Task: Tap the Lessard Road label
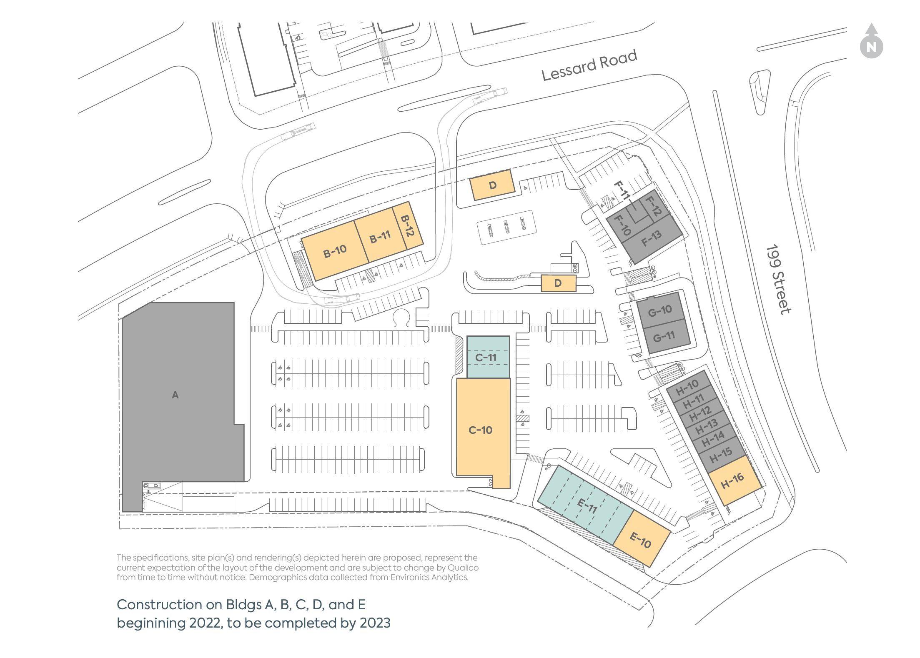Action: (x=589, y=65)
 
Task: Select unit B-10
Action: (x=335, y=251)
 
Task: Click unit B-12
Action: (x=407, y=225)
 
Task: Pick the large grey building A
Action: (x=175, y=395)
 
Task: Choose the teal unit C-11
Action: (x=486, y=357)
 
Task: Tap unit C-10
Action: (x=480, y=430)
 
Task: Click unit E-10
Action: (x=640, y=540)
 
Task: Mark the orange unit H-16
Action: (x=732, y=480)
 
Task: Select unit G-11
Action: (x=664, y=336)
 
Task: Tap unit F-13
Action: (x=651, y=238)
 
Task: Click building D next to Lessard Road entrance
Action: (x=492, y=185)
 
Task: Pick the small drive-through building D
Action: (x=558, y=283)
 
